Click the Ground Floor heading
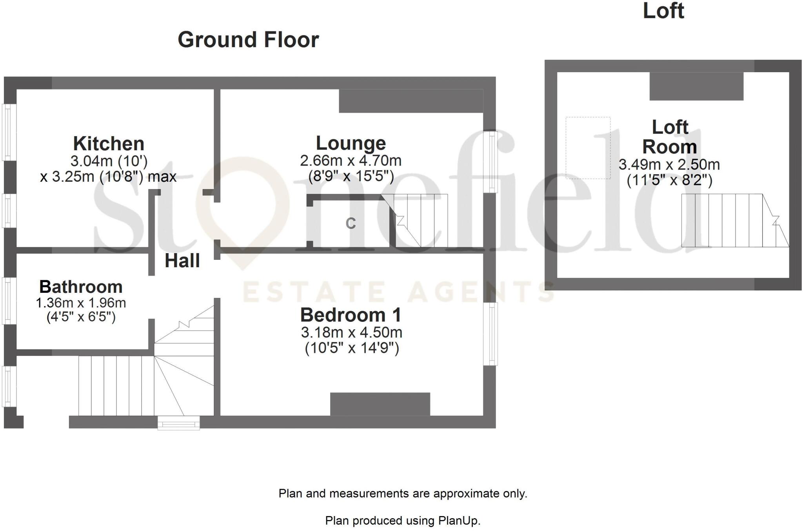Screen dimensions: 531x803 (x=248, y=40)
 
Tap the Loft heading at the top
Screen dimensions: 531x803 (x=663, y=11)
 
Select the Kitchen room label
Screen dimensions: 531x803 (x=109, y=144)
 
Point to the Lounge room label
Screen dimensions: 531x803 (x=351, y=143)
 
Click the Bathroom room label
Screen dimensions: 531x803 (x=81, y=287)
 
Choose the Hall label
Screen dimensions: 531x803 (x=182, y=261)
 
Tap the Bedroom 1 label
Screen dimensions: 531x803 (x=351, y=315)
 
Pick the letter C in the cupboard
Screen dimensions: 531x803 (x=351, y=224)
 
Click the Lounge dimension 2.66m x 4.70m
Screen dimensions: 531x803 (x=351, y=161)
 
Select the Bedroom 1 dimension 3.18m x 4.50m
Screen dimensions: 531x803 (x=352, y=332)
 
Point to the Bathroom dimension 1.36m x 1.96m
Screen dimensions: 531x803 (x=81, y=303)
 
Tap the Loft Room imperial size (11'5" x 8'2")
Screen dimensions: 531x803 (x=669, y=180)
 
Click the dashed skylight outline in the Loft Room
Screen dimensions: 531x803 (x=588, y=148)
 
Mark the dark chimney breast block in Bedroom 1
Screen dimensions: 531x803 (x=380, y=404)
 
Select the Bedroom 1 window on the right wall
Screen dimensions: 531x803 (x=490, y=334)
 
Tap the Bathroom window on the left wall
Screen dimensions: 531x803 (x=9, y=301)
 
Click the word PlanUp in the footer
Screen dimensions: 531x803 (x=458, y=521)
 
